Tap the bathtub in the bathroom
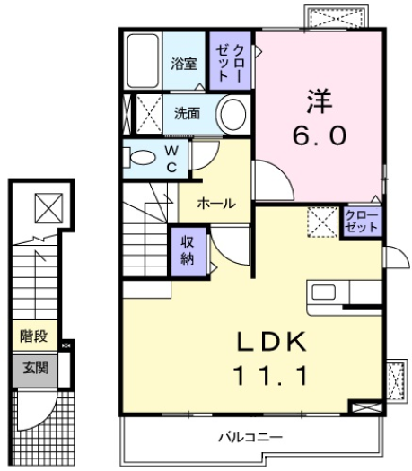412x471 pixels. coord(143,61)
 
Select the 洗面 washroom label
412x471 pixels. coord(187,114)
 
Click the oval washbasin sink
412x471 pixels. coord(232,115)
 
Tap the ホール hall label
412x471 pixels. coord(216,204)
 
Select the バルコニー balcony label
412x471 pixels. coord(251,437)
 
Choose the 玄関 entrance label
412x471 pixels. coord(34,368)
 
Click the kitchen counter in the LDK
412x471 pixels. coord(346,293)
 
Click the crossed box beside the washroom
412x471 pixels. coord(142,114)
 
